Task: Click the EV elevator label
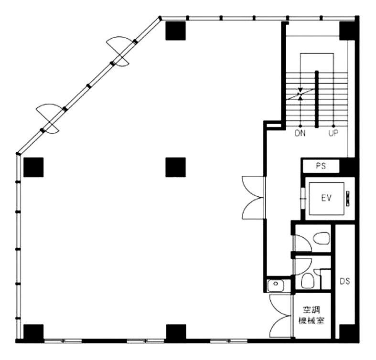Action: [326, 198]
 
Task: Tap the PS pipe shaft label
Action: [321, 166]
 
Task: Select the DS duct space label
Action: [345, 281]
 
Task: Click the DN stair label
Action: [300, 133]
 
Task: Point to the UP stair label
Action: [333, 133]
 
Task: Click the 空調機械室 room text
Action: [311, 316]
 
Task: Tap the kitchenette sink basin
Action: [276, 285]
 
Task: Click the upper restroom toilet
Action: [321, 238]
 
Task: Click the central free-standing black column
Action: [175, 167]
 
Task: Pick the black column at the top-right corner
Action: [347, 31]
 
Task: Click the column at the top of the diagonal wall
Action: [175, 31]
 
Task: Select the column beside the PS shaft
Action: [347, 166]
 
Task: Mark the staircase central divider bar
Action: [317, 99]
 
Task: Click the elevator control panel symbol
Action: [348, 198]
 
